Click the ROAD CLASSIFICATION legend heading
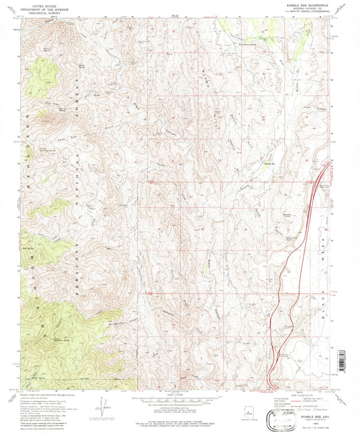tap(304, 396)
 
